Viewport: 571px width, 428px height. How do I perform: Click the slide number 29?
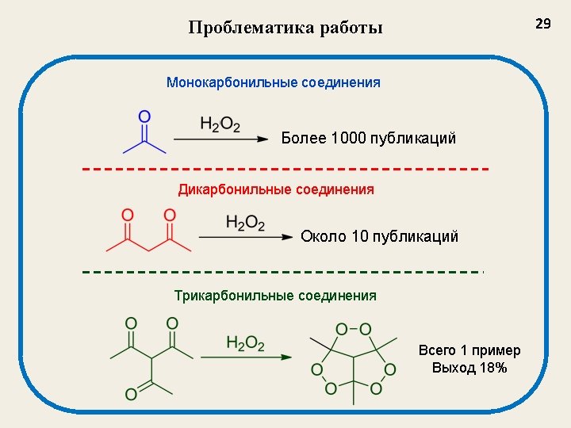(x=542, y=25)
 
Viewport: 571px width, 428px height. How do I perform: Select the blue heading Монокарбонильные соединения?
(x=273, y=82)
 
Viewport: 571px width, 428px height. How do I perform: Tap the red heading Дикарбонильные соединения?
(x=275, y=190)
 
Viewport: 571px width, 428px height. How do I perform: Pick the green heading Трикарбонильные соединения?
(x=275, y=296)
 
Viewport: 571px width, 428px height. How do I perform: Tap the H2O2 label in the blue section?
(x=220, y=125)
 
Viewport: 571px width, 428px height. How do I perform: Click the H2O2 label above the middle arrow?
(x=245, y=224)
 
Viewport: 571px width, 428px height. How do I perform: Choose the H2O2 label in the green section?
(x=245, y=343)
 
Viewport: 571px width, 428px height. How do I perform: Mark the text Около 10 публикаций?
(x=379, y=237)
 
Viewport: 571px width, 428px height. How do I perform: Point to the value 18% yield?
(x=492, y=369)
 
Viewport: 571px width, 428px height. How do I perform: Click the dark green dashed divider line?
(x=282, y=272)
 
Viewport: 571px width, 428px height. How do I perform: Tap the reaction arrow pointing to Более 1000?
(x=220, y=139)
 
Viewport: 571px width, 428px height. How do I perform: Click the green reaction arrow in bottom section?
(x=246, y=357)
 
